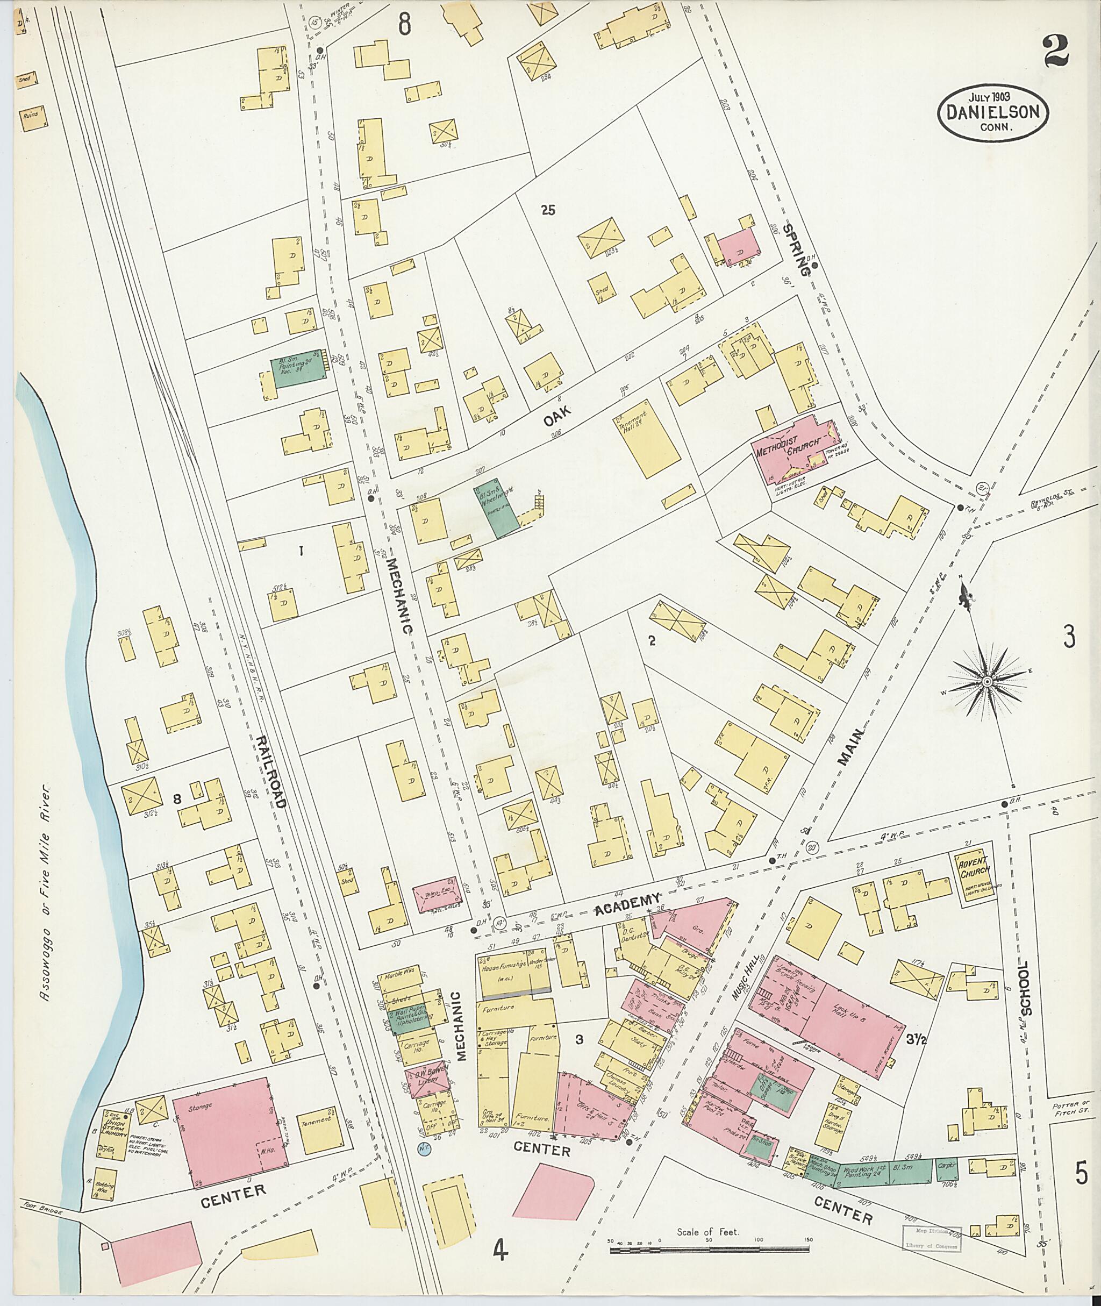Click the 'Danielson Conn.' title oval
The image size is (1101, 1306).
992,113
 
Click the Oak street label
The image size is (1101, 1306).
556,416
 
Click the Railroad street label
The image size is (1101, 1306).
270,772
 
